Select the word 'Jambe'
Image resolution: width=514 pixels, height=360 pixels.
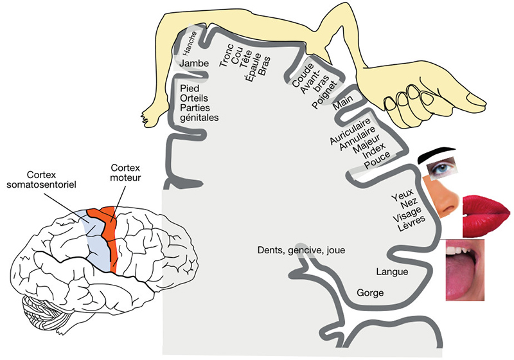click(x=194, y=65)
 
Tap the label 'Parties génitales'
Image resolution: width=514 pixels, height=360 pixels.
click(x=199, y=113)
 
